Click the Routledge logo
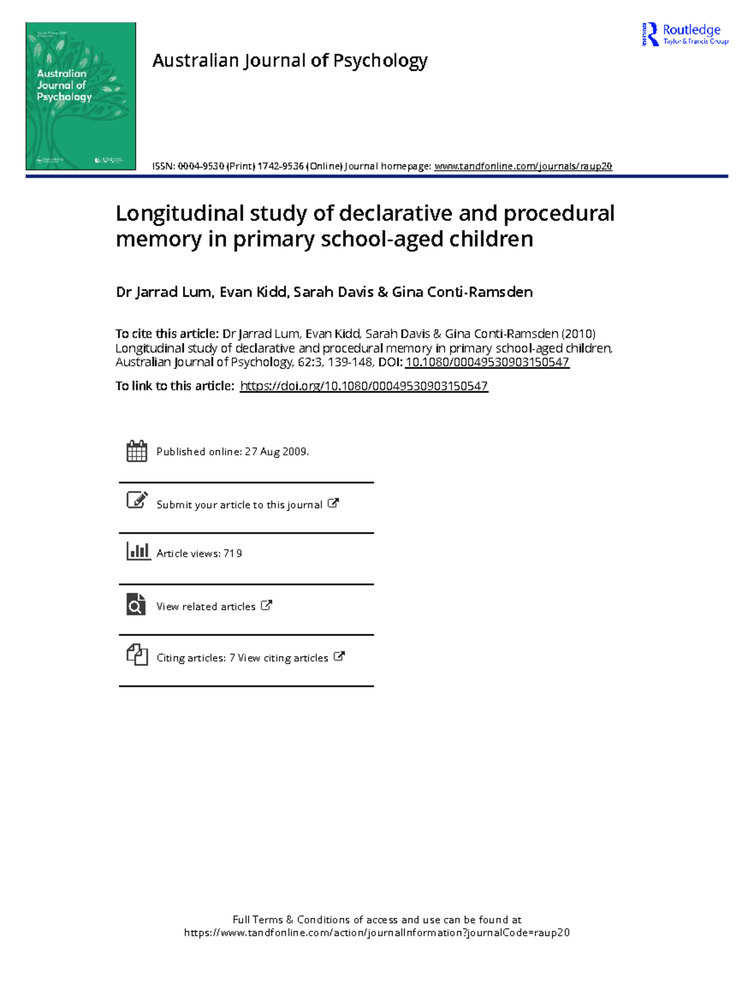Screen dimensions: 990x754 click(685, 34)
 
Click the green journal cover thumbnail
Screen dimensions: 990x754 click(80, 96)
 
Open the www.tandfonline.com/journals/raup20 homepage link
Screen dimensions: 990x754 click(523, 166)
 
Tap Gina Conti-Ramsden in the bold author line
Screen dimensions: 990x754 click(462, 292)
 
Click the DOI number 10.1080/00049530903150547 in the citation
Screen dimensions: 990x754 click(487, 362)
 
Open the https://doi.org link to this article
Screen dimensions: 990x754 click(364, 386)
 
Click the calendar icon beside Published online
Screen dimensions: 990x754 click(136, 451)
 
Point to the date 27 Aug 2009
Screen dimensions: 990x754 click(276, 452)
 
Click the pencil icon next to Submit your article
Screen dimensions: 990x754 click(136, 500)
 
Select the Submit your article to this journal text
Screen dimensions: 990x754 click(239, 505)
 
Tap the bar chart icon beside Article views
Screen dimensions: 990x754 click(138, 552)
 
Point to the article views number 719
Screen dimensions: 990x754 click(232, 553)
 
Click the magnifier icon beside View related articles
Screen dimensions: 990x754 click(136, 604)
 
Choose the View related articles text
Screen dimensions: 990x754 click(206, 607)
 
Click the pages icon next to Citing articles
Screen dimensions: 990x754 click(136, 655)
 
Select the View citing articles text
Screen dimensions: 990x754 click(283, 658)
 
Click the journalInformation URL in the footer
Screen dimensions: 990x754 click(377, 933)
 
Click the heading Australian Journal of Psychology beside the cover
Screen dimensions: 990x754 click(290, 61)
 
